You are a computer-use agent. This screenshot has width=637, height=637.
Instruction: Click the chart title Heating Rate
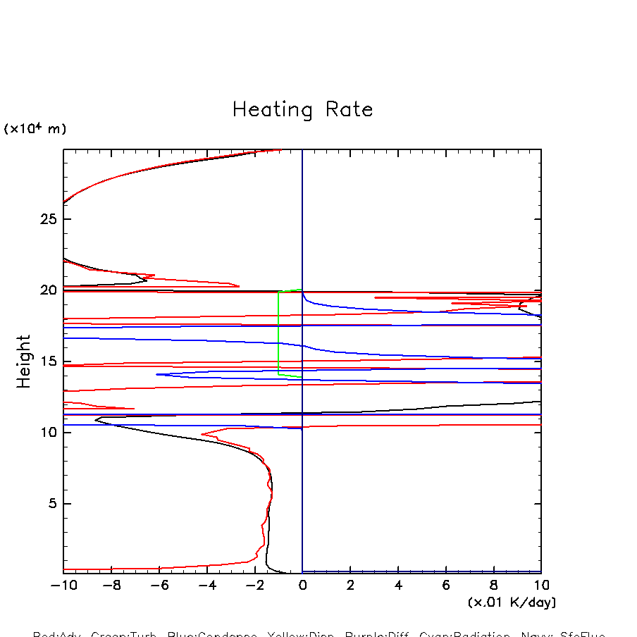[302, 110]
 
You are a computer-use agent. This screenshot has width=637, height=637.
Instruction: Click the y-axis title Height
[24, 361]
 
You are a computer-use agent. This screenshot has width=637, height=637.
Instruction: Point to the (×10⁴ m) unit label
[35, 129]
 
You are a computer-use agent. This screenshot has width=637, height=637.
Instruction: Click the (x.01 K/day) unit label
[512, 602]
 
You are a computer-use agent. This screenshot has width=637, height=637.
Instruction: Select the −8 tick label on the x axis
[111, 585]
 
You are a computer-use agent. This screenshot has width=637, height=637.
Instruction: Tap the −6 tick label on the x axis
[159, 585]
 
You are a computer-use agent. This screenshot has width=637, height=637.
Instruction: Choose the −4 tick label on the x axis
[206, 585]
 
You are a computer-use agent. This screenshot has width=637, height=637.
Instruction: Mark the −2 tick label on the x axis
[254, 585]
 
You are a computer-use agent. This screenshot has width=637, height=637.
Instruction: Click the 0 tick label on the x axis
[302, 585]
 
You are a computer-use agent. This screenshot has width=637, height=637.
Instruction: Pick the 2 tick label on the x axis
[350, 585]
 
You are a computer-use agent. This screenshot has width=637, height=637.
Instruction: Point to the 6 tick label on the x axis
[446, 585]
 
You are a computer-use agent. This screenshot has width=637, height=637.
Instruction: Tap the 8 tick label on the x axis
[494, 585]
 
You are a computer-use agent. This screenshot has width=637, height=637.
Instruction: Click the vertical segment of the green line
[278, 331]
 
